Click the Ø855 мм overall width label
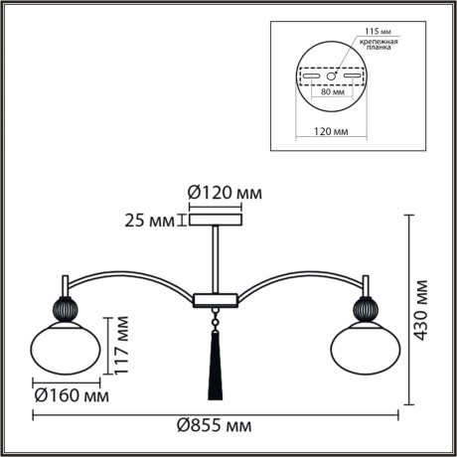[215, 425]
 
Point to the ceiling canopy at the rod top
[214, 220]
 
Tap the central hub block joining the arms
[214, 297]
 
